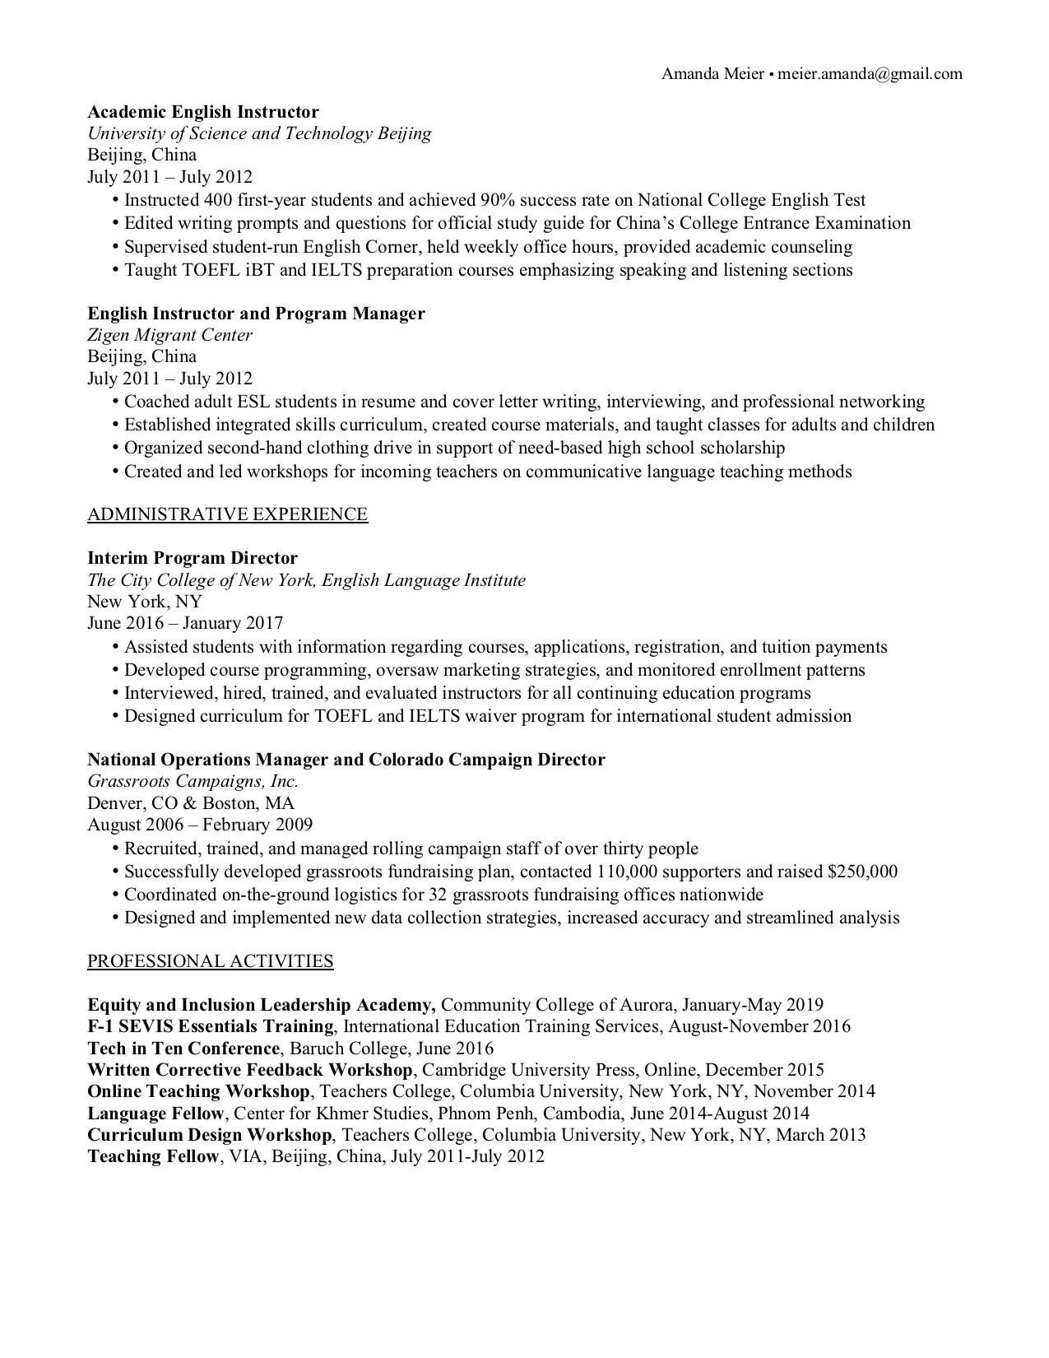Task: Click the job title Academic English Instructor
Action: (x=203, y=112)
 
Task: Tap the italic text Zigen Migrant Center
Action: (x=169, y=335)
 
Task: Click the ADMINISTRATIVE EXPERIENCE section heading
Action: (x=227, y=514)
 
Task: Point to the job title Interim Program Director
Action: (x=193, y=558)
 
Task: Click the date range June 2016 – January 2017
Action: (x=185, y=624)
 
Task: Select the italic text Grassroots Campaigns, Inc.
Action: (x=193, y=781)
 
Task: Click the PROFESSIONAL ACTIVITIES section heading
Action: (x=210, y=961)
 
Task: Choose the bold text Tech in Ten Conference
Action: (x=183, y=1049)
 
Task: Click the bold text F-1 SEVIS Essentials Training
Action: (x=211, y=1026)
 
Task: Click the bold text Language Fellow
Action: (x=155, y=1114)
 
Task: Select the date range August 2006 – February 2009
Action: (x=200, y=825)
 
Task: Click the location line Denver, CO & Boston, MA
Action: (x=191, y=803)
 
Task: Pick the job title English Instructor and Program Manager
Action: (x=256, y=314)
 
